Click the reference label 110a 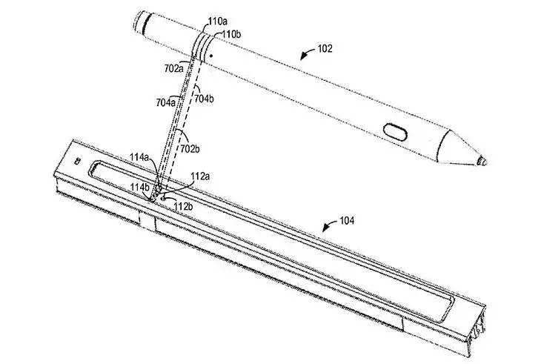click(x=217, y=22)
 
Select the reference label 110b click(x=231, y=34)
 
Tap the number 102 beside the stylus click(x=325, y=49)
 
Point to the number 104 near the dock click(x=347, y=220)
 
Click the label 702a click(x=174, y=68)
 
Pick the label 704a click(x=165, y=102)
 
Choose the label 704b click(x=204, y=99)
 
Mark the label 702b click(x=190, y=149)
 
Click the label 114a click(x=139, y=157)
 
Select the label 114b click(x=140, y=187)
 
